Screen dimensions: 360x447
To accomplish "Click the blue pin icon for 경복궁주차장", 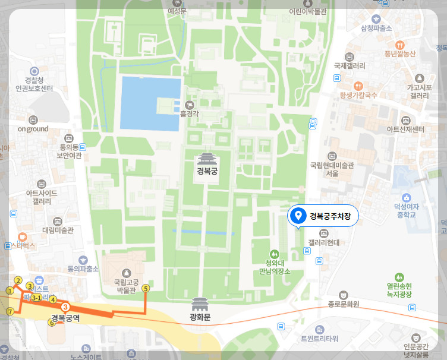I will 298,216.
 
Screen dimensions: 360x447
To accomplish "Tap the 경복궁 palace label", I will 208,172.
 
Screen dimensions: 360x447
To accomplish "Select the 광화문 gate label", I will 200,317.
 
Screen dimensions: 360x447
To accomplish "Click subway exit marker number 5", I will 146,289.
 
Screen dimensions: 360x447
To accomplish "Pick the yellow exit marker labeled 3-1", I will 36,297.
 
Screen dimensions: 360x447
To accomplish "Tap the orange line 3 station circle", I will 65,307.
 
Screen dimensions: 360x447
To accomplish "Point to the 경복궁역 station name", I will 65,318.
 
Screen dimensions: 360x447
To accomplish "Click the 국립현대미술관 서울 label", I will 332,169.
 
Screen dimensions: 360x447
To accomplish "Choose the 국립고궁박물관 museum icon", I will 125,272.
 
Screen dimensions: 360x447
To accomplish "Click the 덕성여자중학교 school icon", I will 407,197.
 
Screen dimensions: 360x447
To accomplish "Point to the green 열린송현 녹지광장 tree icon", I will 399,277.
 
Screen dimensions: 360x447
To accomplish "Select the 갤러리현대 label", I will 324,242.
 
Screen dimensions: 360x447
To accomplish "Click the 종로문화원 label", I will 344,304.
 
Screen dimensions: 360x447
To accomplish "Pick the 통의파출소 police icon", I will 83,260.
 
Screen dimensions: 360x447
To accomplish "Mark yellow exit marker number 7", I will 10,311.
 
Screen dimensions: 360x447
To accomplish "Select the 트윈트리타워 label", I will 319,339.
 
